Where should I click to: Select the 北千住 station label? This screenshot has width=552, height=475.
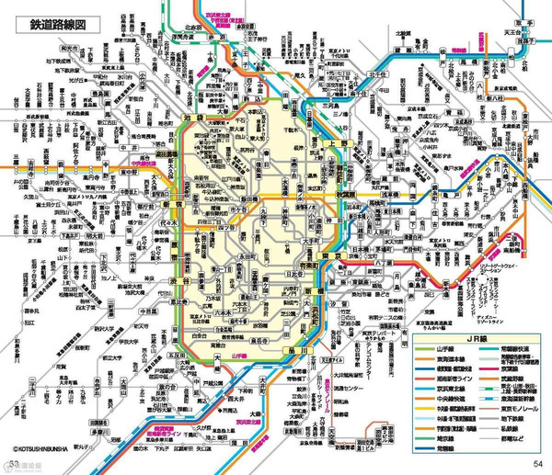coord(378,75)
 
